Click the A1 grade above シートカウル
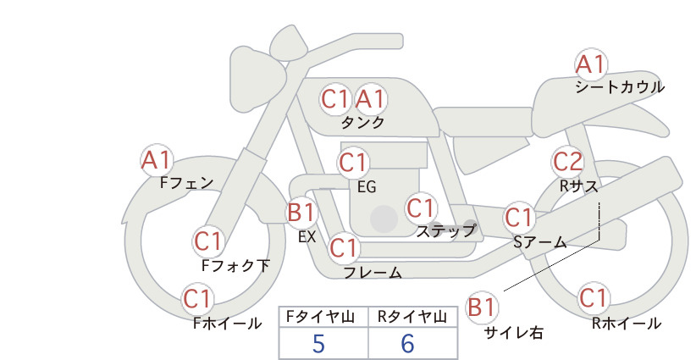pos(591,64)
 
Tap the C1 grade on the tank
pos(334,99)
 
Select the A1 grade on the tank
pos(370,99)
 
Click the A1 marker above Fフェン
pos(157,160)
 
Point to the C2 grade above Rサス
pos(567,162)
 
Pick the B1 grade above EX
pos(301,212)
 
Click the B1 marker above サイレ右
pos(482,307)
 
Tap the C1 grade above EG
pos(353,163)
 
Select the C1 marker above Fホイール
pos(197,299)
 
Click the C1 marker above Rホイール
pos(593,298)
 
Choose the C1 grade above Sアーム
pos(518,218)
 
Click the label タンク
pos(362,122)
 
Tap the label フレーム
pos(373,273)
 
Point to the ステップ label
pos(445,231)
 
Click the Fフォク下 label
pos(235,265)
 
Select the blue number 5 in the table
pos(318,344)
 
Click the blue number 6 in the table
pos(407,344)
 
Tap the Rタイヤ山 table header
pos(412,317)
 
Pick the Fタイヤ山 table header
pos(320,317)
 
